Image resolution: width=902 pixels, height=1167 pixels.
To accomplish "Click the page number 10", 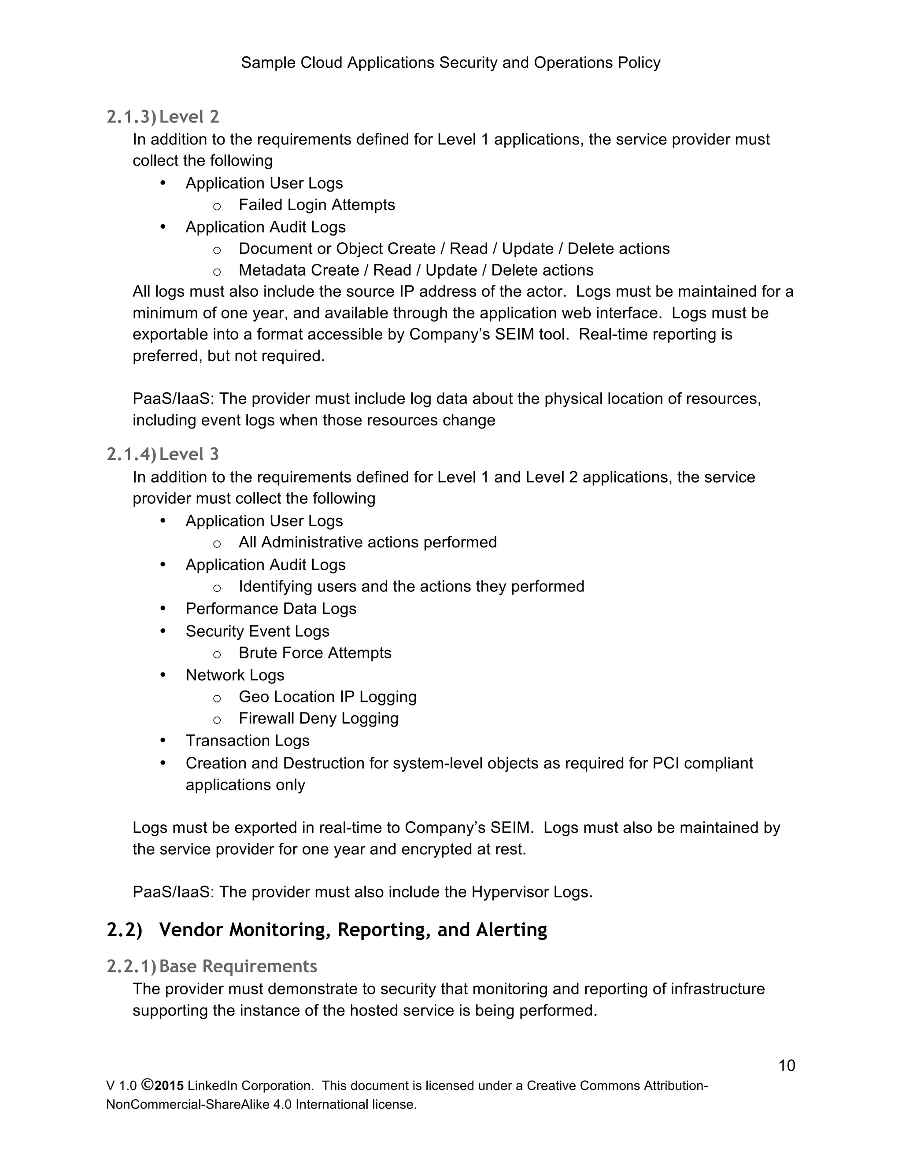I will [787, 1065].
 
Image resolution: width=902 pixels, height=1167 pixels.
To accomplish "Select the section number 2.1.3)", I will [131, 117].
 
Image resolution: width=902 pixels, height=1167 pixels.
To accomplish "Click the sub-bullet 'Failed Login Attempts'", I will [316, 205].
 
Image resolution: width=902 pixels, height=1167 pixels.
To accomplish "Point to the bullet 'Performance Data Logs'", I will [270, 609].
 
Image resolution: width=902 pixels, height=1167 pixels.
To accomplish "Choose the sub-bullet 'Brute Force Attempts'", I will [315, 653].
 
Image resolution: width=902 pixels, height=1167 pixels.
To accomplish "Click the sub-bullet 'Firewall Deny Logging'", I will [318, 718].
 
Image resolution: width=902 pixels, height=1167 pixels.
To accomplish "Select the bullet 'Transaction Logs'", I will [248, 741].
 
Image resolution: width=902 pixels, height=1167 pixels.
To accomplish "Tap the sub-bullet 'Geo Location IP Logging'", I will [328, 697].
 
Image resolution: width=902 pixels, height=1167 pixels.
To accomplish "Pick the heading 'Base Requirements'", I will [238, 966].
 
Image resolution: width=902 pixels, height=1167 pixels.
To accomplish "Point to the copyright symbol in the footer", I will [148, 1085].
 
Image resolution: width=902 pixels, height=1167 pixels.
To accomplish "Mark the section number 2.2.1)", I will [131, 966].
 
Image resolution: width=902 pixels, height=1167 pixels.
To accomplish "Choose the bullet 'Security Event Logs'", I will [257, 631].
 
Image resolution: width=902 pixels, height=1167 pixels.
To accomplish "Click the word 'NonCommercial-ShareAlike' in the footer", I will [188, 1104].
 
